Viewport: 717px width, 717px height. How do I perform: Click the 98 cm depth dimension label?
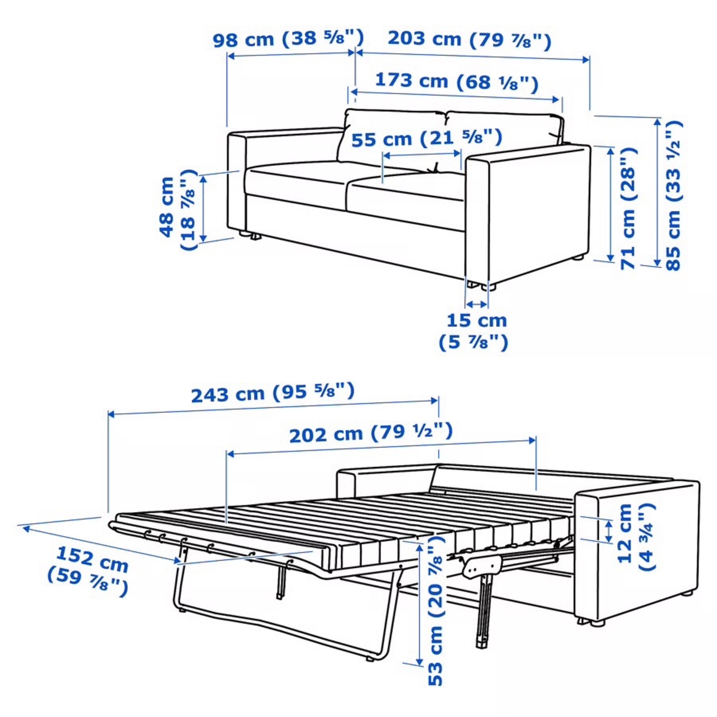(x=288, y=38)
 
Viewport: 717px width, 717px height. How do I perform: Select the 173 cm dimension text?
(x=456, y=81)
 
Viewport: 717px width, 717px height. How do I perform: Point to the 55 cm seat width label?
(x=426, y=139)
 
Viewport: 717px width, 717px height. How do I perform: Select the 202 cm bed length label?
(x=370, y=433)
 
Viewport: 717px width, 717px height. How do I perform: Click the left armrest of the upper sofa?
(x=237, y=182)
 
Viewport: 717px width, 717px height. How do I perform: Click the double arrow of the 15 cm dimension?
(x=477, y=304)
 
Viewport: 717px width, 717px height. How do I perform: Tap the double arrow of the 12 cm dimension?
(x=608, y=531)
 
